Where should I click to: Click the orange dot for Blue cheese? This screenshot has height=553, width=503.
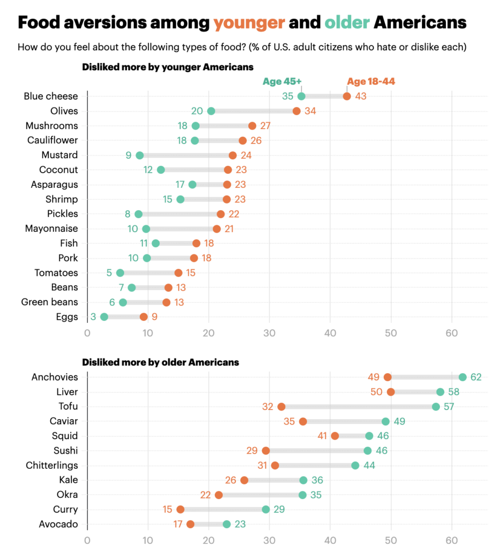(x=346, y=97)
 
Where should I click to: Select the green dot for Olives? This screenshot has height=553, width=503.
(x=211, y=111)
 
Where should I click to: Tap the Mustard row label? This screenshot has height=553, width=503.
(x=59, y=155)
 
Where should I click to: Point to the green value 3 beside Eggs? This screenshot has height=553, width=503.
(x=93, y=317)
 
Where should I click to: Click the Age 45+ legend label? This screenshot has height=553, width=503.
(x=282, y=82)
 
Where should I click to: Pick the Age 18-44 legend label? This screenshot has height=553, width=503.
(x=371, y=82)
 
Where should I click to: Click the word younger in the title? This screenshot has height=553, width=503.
(x=249, y=23)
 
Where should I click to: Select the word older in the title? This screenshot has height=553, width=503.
(x=347, y=23)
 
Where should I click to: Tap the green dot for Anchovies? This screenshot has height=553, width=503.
(x=463, y=377)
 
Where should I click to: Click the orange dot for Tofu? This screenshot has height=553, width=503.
(x=281, y=407)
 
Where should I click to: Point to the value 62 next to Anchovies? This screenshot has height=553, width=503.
(x=475, y=377)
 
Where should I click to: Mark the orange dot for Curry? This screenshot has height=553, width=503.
(x=180, y=509)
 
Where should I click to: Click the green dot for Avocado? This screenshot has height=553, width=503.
(x=227, y=524)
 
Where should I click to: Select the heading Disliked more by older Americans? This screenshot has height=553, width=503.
(x=160, y=362)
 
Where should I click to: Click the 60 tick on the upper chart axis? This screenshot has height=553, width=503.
(x=451, y=333)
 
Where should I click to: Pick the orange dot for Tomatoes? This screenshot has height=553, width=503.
(x=178, y=273)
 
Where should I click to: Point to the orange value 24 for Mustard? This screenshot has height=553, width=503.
(x=246, y=156)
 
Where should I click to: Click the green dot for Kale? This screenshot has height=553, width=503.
(x=303, y=480)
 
